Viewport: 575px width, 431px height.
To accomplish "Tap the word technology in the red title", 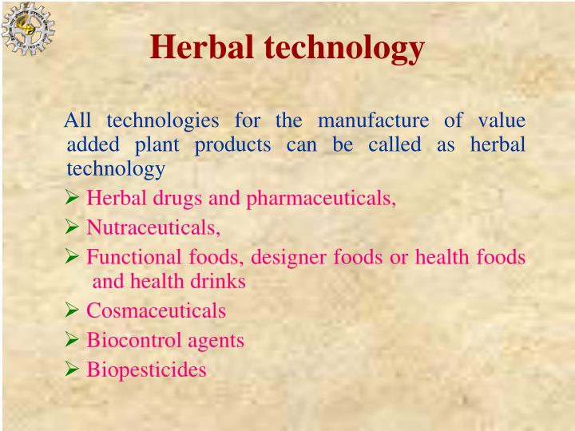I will click(344, 48).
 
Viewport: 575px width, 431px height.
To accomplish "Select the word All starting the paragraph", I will click(79, 121).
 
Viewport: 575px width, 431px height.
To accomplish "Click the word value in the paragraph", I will click(502, 121).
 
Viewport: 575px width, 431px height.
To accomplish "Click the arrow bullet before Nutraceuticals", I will click(72, 228).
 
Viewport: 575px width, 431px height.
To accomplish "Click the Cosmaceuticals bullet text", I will click(156, 311).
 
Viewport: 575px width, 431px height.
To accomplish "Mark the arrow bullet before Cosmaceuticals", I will click(72, 311).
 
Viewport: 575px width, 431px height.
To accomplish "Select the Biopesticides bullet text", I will click(146, 370).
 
